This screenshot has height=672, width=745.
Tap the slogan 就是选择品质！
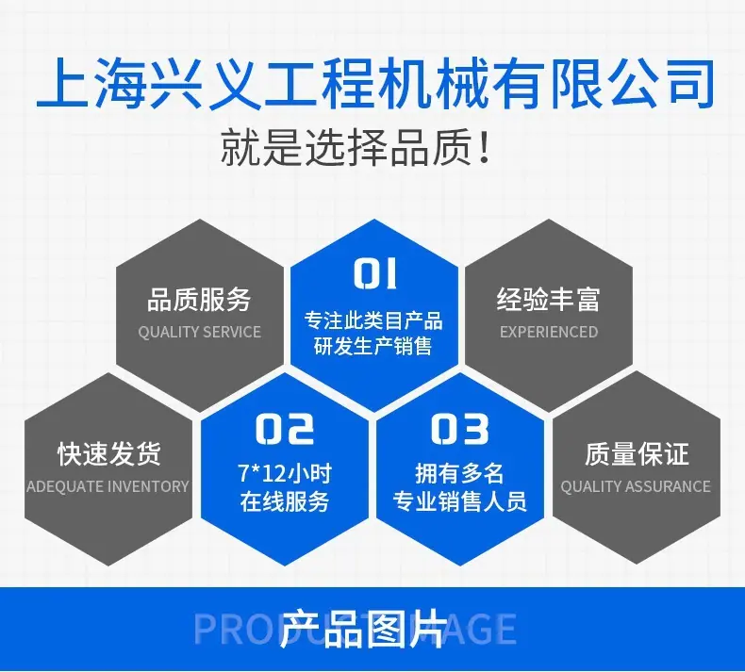click(x=356, y=146)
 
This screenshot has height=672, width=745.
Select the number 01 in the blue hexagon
click(x=375, y=273)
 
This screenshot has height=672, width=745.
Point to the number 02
click(x=285, y=429)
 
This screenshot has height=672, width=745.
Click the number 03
click(x=459, y=429)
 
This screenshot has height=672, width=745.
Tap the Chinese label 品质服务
click(x=199, y=299)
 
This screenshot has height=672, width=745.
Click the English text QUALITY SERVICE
click(x=200, y=332)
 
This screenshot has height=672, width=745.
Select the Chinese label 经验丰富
click(x=548, y=299)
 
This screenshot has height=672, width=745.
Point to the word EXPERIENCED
click(x=549, y=332)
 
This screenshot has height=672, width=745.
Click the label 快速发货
click(x=109, y=453)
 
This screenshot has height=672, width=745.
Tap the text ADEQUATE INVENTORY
click(x=108, y=486)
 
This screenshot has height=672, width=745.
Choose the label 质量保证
click(x=637, y=453)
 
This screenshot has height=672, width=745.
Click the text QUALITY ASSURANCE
click(x=636, y=486)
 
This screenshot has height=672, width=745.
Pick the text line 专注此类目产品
click(x=373, y=320)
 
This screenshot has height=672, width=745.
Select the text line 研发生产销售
click(x=373, y=346)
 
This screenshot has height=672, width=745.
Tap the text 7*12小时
click(x=285, y=473)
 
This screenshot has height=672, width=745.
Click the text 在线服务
click(x=285, y=501)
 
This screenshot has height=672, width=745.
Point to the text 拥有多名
click(x=459, y=473)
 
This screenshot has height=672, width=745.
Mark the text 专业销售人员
click(x=459, y=501)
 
